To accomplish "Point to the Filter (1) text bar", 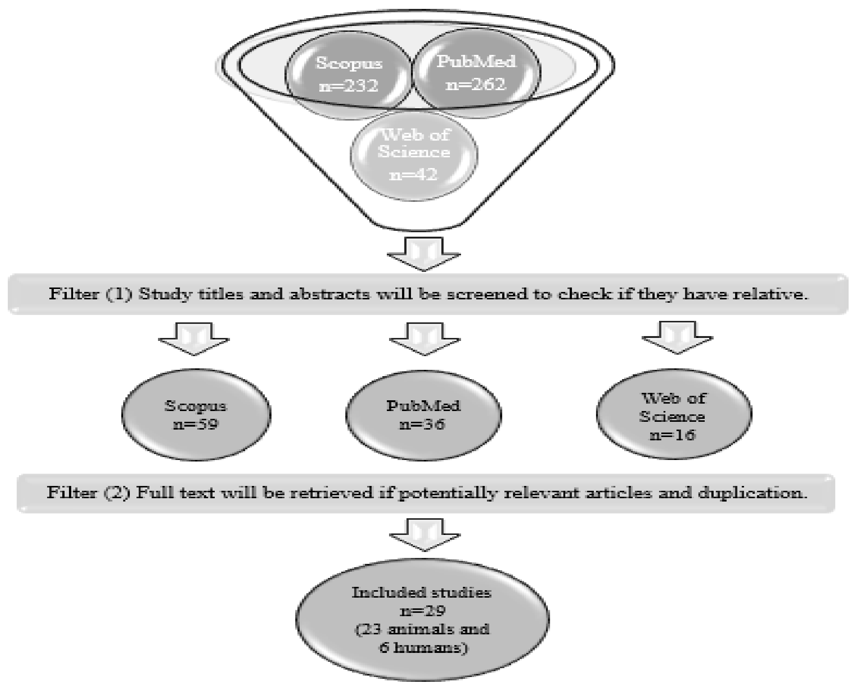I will [428, 294].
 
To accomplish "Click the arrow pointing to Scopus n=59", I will [194, 338].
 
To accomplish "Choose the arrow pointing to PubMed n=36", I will [425, 338].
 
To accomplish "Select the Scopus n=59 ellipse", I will [196, 415].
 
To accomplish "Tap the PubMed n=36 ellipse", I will [424, 415].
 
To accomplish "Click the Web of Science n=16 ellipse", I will [674, 414].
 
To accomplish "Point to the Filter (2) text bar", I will [425, 493].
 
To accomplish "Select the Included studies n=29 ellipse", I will [422, 620].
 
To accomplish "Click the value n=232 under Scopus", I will [348, 85].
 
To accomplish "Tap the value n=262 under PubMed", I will [476, 84].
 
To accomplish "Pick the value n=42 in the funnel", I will [413, 174].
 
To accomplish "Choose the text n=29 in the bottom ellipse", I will [422, 611].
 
